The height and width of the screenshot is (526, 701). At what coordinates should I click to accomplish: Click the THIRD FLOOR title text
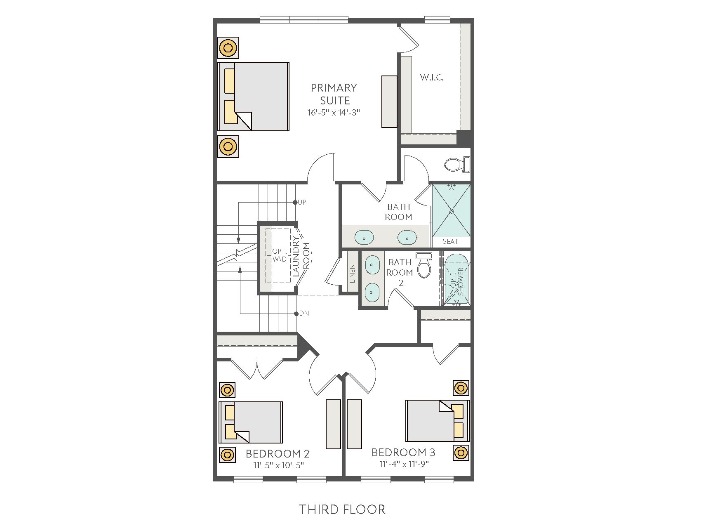click(342, 509)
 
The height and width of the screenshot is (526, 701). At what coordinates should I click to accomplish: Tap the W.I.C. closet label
click(432, 77)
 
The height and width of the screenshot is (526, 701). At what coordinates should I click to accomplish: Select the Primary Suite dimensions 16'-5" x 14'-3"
click(334, 112)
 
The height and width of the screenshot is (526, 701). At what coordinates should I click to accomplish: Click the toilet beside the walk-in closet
click(457, 165)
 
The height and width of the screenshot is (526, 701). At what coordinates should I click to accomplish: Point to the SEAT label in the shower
click(450, 241)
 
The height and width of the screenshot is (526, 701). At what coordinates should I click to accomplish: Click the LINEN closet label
click(352, 274)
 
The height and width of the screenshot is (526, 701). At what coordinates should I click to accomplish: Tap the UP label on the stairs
click(302, 202)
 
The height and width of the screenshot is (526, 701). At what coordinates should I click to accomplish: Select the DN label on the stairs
click(304, 314)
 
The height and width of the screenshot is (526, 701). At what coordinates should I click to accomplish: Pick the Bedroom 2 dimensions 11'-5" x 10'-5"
click(278, 465)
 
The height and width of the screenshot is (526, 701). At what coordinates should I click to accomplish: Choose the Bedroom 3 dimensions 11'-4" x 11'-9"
click(404, 464)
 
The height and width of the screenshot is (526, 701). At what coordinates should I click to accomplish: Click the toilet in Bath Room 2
click(423, 265)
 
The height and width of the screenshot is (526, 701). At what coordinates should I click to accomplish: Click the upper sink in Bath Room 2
click(372, 264)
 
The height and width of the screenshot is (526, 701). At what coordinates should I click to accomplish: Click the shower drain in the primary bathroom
click(452, 211)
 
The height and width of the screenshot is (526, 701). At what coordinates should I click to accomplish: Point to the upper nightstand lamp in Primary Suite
click(228, 48)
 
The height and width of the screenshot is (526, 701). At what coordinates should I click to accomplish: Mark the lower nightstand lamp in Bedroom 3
click(461, 453)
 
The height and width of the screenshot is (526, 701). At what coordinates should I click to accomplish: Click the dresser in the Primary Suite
click(389, 101)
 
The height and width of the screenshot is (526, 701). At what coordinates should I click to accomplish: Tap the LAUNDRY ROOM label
click(301, 256)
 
